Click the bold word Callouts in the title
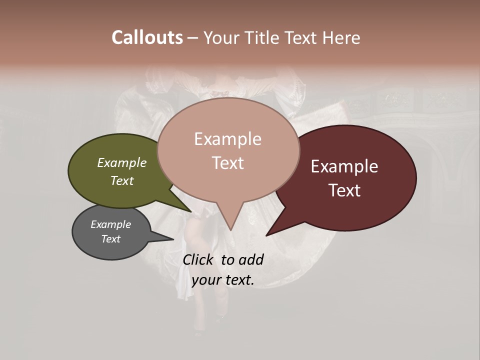[147, 37]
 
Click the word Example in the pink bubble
[227, 139]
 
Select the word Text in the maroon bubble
[344, 190]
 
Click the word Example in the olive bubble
[122, 162]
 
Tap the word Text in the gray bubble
[111, 239]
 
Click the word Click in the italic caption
[199, 259]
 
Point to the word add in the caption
[251, 259]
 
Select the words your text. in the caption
[223, 280]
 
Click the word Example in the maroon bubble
[344, 166]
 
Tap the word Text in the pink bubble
[227, 163]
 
